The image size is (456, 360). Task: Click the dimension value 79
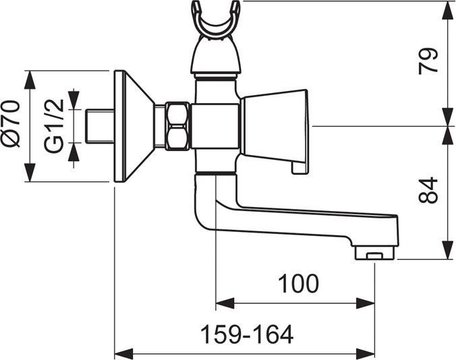428,61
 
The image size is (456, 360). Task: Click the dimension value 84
428,191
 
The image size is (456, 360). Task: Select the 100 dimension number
298,283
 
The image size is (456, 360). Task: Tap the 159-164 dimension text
247,335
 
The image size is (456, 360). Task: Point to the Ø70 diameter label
11,124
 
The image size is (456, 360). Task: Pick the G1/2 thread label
54,126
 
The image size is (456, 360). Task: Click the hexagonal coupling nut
177,126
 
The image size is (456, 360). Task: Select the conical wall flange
134,126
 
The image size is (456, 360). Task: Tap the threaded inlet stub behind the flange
100,126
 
